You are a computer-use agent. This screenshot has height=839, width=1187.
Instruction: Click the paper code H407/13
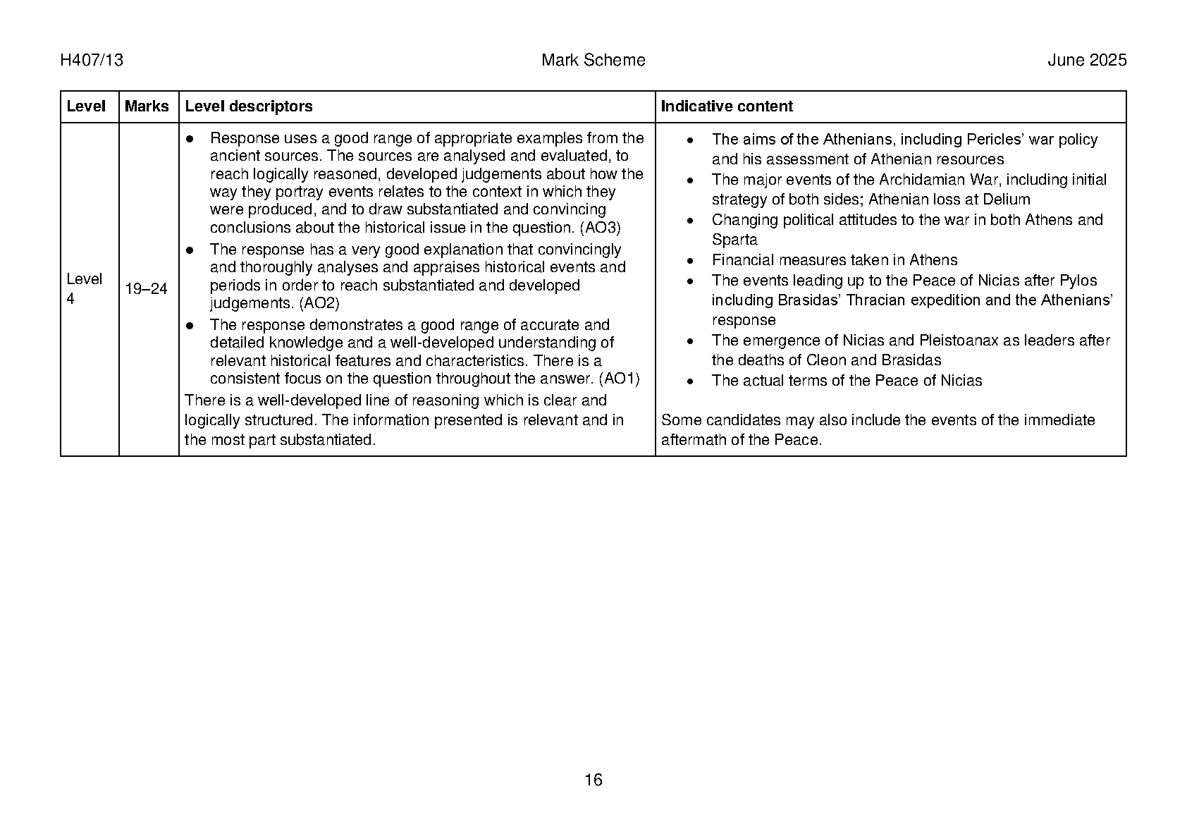coord(92,61)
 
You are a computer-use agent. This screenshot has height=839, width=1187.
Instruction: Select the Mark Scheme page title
coord(593,61)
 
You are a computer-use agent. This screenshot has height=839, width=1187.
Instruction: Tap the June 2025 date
coord(1086,61)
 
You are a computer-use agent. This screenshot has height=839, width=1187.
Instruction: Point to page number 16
coord(593,780)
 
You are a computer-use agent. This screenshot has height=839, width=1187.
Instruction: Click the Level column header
coord(86,106)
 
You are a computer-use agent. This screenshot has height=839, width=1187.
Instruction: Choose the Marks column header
coord(147,106)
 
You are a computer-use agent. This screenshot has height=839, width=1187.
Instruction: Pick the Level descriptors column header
coord(248,106)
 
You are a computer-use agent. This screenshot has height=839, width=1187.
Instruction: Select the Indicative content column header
coord(726,106)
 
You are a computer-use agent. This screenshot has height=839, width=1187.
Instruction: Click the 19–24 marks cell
coord(146,289)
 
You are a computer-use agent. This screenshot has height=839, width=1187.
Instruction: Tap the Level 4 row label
coord(84,288)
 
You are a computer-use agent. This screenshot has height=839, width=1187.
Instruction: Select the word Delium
coord(1006,200)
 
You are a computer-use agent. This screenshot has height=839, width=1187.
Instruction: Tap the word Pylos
coord(1078,281)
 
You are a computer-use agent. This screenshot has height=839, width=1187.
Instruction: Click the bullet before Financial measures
coord(691,261)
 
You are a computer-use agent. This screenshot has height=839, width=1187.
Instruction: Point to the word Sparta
coord(734,240)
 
